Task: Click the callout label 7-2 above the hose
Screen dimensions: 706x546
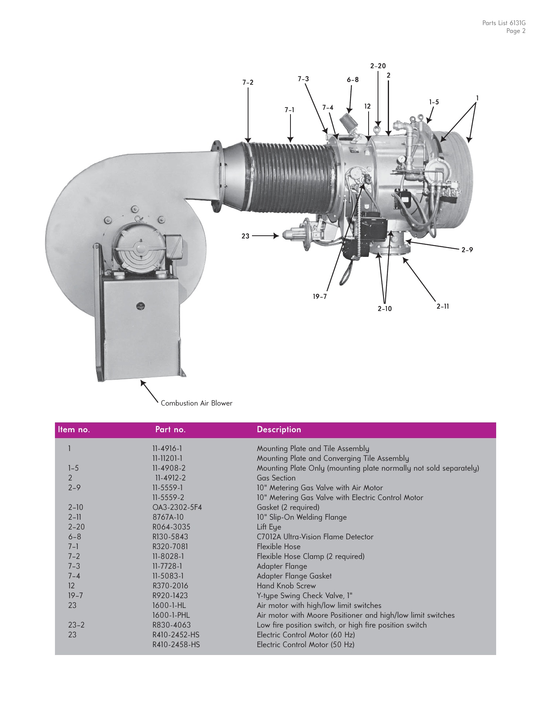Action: [248, 82]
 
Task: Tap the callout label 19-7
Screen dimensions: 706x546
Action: [320, 297]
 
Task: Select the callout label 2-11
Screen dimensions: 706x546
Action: [443, 306]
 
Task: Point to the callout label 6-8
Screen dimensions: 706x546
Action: [352, 80]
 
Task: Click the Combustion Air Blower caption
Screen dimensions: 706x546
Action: [197, 403]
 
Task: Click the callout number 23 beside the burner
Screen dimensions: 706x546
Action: [245, 236]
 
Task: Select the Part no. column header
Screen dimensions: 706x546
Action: [170, 429]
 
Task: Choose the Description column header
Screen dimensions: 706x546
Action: [279, 429]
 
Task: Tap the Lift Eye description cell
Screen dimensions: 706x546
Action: [269, 527]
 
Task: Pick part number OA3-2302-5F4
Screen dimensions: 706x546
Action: [177, 507]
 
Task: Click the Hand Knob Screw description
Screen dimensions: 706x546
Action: [286, 586]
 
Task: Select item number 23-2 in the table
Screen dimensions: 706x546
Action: [76, 625]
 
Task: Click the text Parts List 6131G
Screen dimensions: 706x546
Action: [504, 23]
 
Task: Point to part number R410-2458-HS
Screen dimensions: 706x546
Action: [176, 644]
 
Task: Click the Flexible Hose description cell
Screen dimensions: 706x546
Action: [278, 546]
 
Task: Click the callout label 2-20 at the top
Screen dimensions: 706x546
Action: [378, 66]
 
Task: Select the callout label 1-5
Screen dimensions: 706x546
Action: [434, 102]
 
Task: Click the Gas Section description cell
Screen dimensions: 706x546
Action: [276, 478]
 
